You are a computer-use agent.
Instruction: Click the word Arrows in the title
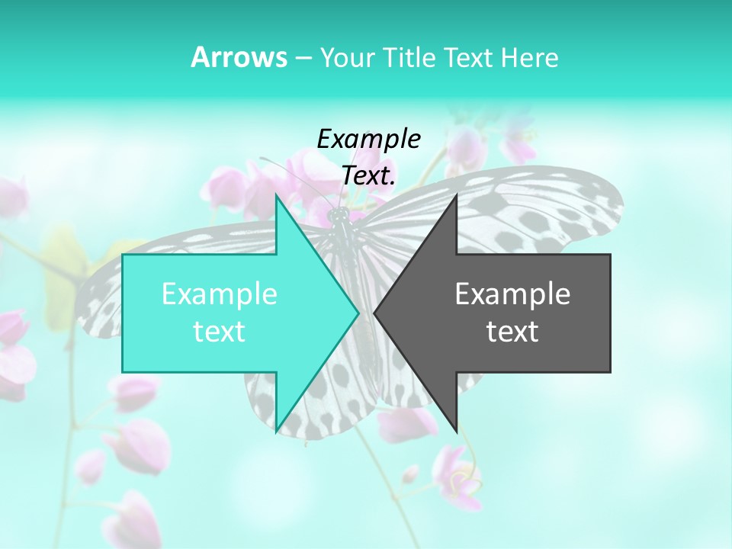point(239,57)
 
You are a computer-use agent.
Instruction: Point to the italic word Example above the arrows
point(368,139)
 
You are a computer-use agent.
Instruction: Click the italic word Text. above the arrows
point(368,175)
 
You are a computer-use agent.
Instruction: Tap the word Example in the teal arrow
point(220,294)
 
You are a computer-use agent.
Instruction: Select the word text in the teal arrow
point(220,331)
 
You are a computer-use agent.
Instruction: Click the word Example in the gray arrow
point(512,294)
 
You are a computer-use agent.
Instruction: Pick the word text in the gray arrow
point(512,331)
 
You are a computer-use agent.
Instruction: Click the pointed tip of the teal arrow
point(357,313)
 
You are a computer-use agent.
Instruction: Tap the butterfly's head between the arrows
point(338,217)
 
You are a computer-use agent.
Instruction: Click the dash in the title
point(303,58)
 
